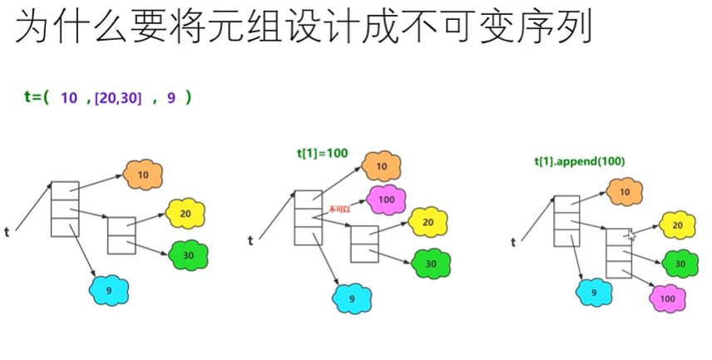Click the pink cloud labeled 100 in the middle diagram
[x=386, y=200]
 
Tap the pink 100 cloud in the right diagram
[x=667, y=298]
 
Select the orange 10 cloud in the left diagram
[x=143, y=174]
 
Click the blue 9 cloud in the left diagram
[x=110, y=290]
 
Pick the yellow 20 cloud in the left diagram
[x=185, y=214]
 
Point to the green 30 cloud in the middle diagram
[x=432, y=264]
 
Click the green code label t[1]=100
[x=323, y=153]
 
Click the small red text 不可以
[x=340, y=210]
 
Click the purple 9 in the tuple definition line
[x=171, y=98]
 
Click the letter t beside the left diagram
[x=7, y=232]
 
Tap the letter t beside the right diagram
[x=513, y=242]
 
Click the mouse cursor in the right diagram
[x=631, y=236]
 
